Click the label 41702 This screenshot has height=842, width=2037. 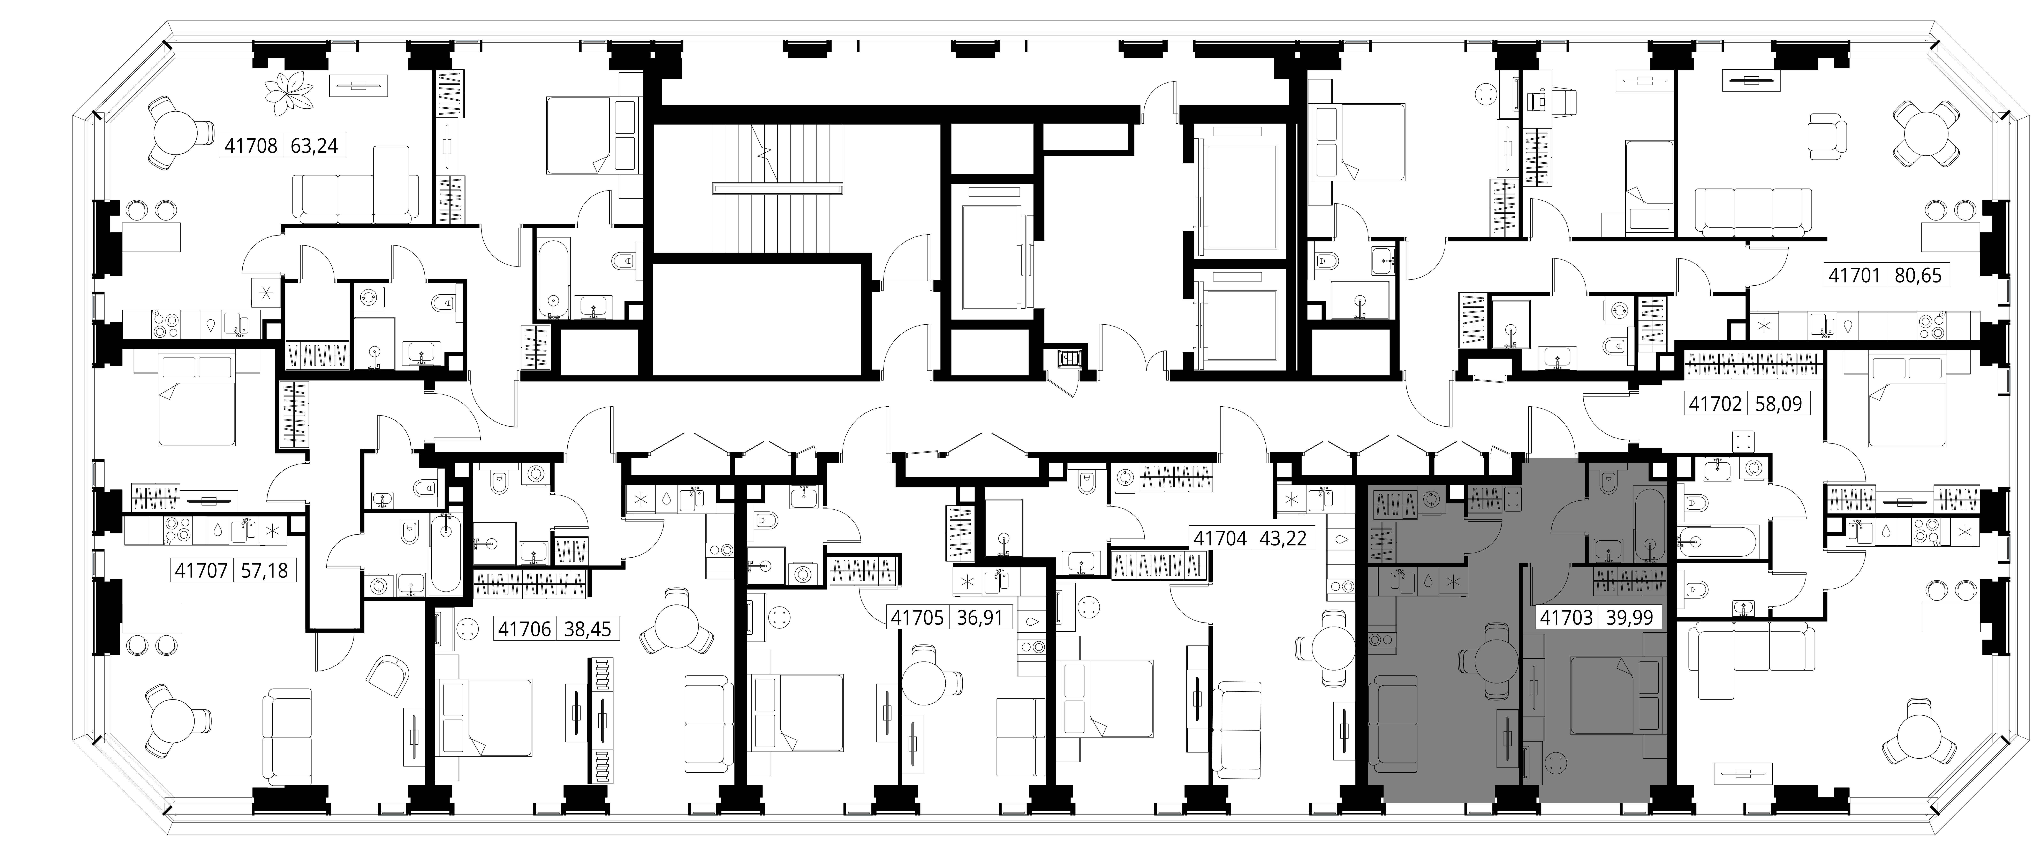[1715, 404]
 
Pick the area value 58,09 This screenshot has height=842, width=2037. [1778, 404]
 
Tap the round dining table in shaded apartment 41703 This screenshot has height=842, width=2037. [1489, 659]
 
